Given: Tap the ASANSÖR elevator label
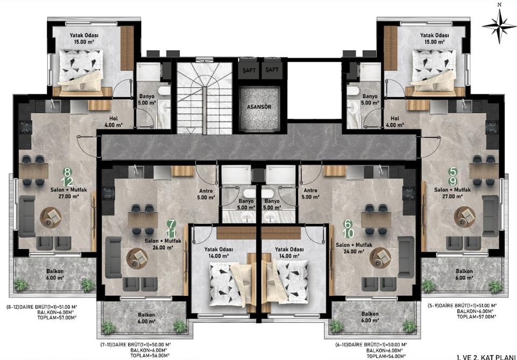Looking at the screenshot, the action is [259, 107].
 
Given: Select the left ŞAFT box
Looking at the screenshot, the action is [249, 70].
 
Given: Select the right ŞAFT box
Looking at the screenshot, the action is [273, 70].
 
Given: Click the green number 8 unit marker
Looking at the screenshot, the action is [68, 171].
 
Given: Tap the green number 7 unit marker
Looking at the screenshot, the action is [171, 224].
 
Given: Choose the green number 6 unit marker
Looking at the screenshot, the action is [347, 224].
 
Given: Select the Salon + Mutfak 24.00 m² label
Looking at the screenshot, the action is [354, 248].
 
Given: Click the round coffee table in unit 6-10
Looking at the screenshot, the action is [380, 258].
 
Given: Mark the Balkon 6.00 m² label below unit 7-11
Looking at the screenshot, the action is [146, 318].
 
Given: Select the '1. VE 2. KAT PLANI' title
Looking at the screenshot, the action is [486, 357].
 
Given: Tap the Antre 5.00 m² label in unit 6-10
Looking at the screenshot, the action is [311, 193].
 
